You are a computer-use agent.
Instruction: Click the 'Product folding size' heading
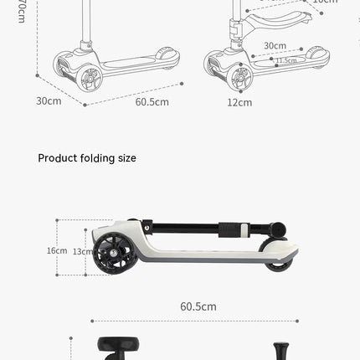click(x=87, y=158)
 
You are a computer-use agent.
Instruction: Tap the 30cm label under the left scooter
click(x=49, y=101)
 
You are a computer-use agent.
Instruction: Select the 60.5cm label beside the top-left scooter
click(x=152, y=101)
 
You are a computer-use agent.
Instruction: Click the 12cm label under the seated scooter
click(x=239, y=102)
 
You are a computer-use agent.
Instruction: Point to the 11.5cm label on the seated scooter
click(x=285, y=60)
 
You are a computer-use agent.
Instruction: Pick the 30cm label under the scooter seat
click(x=275, y=45)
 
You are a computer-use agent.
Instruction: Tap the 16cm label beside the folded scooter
click(x=57, y=250)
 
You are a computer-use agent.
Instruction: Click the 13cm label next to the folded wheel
click(x=82, y=251)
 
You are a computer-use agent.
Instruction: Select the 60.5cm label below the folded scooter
click(x=198, y=306)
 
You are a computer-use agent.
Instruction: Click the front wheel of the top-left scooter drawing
click(x=89, y=79)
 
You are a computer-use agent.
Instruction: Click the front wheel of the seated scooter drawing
click(x=239, y=79)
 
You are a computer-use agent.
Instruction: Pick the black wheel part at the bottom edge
click(x=109, y=347)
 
